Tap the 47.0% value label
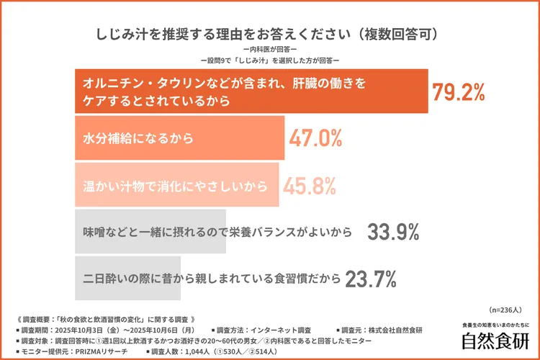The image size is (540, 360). (x=315, y=139)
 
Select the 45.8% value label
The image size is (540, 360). (x=309, y=185)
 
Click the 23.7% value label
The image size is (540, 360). (x=372, y=278)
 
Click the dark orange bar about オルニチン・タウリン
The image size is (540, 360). (x=252, y=92)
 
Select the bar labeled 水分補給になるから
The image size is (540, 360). (x=180, y=138)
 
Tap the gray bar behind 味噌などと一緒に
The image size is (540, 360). (x=150, y=232)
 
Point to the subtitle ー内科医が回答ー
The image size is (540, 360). (x=270, y=48)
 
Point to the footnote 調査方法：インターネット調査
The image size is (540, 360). (x=263, y=330)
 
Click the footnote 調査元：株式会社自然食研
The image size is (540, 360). (x=382, y=330)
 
